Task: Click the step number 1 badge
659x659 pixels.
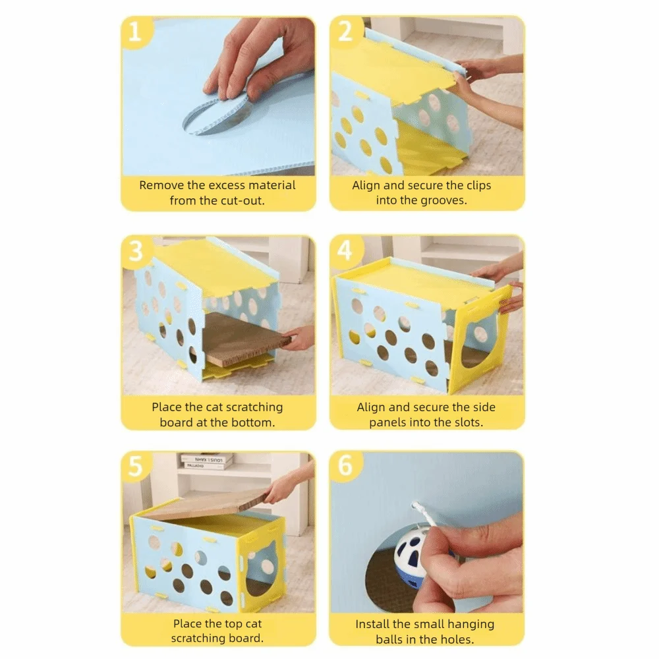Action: coord(135,31)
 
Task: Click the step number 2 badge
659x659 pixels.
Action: coord(345,31)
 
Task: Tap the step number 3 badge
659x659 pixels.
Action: coord(136,250)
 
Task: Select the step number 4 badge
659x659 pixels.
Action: coord(345,250)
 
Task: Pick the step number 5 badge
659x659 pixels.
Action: coord(136,467)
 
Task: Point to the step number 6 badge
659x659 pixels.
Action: coord(345,467)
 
